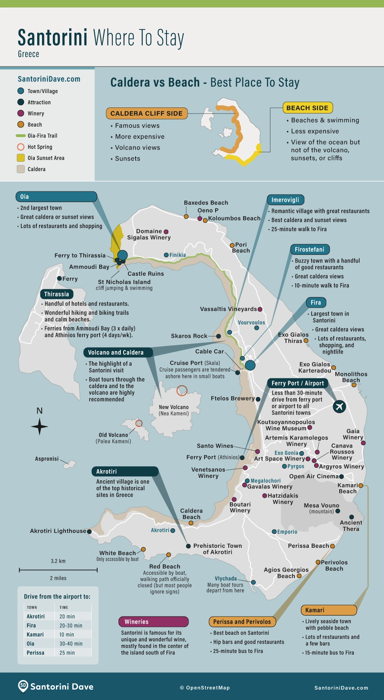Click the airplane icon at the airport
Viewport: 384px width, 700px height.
pos(339,407)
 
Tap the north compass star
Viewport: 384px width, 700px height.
pos(40,426)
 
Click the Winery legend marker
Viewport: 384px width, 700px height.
pos(21,113)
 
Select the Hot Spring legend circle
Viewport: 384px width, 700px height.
pos(21,147)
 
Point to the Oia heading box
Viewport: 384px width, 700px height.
pos(56,197)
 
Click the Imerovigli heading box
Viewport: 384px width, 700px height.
pos(285,200)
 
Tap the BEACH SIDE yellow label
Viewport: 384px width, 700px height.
pos(307,108)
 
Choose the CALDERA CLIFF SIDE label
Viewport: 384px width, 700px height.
pos(146,113)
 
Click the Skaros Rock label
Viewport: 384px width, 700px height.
pos(189,336)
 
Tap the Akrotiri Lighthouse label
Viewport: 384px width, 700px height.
pos(58,531)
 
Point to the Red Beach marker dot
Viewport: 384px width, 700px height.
pos(169,555)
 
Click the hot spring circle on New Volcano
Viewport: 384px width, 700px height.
pos(182,390)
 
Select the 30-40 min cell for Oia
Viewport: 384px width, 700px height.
pos(71,644)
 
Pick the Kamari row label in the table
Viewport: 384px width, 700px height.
pos(35,634)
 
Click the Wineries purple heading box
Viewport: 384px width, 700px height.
pos(153,622)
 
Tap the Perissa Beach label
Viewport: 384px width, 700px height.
pos(308,546)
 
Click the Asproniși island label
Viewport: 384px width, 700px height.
pos(47,459)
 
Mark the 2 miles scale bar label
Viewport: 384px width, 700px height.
pos(58,578)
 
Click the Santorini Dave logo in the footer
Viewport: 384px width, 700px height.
pos(56,686)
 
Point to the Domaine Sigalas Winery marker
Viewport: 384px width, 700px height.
pos(166,232)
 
